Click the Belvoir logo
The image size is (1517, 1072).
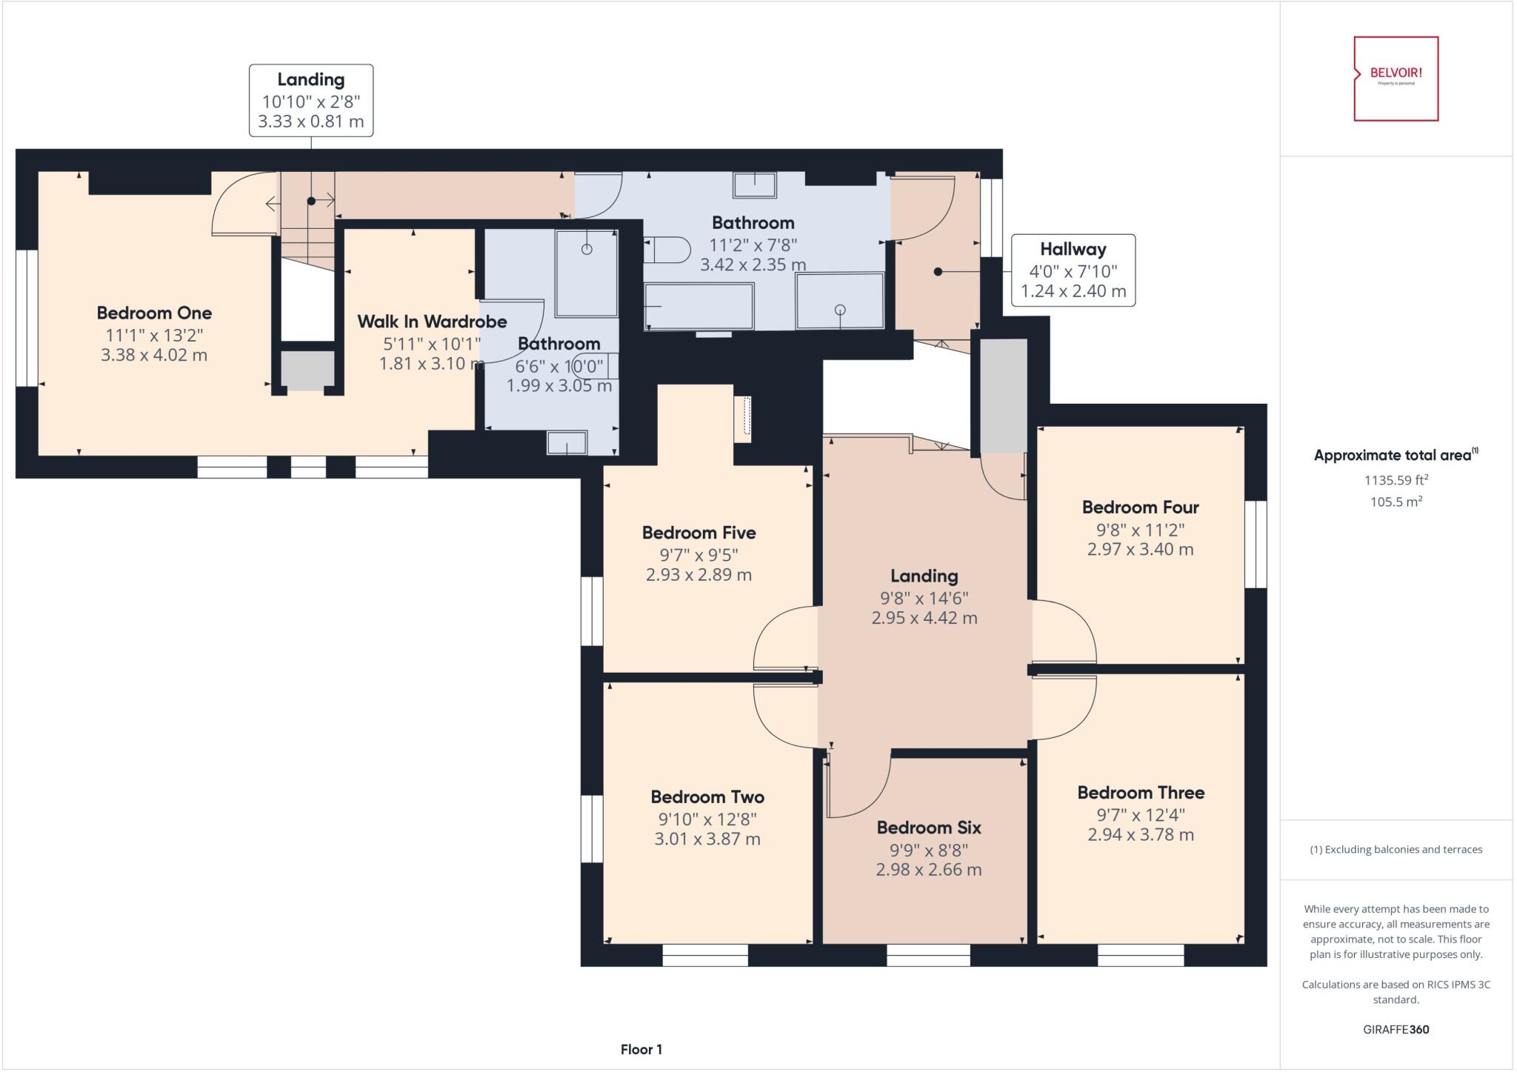(x=1396, y=79)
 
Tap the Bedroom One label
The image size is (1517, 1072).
(x=154, y=313)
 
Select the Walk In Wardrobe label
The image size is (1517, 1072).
(x=432, y=322)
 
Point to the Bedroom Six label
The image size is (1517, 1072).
(x=929, y=828)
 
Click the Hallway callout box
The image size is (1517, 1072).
(x=1073, y=270)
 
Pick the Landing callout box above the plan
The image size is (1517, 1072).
(x=311, y=100)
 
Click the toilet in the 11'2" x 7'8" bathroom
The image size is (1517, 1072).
(x=667, y=250)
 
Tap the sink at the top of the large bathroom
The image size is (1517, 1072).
(x=755, y=185)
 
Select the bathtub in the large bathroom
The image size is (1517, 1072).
(x=699, y=306)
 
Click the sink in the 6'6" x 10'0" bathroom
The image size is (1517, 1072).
(x=567, y=443)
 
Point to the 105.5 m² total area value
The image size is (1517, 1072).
(x=1396, y=502)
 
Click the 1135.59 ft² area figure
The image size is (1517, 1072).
(x=1396, y=480)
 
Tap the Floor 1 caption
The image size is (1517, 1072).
(x=641, y=1049)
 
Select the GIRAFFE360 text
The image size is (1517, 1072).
(x=1396, y=1029)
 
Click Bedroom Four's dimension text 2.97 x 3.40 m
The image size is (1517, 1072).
(x=1140, y=549)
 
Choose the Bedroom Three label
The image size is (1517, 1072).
(x=1141, y=793)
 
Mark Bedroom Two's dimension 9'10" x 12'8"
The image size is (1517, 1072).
(x=707, y=819)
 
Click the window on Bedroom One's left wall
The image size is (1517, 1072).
(x=27, y=318)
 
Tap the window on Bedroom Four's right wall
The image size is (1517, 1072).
(x=1256, y=545)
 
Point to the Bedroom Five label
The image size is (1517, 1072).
(x=699, y=533)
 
